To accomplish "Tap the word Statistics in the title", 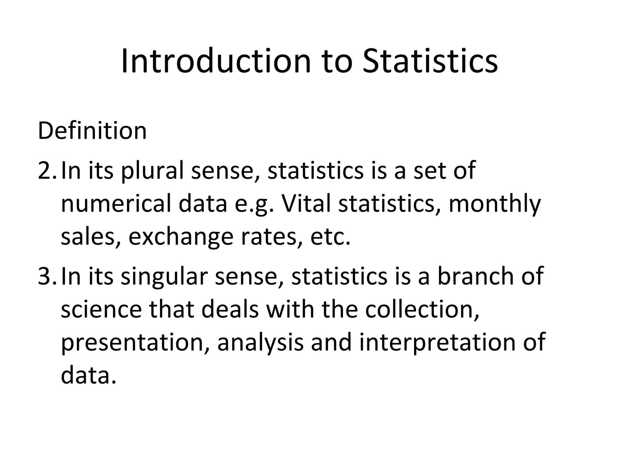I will pyautogui.click(x=430, y=62).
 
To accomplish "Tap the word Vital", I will pyautogui.click(x=306, y=204).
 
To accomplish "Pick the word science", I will pyautogui.click(x=101, y=310).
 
